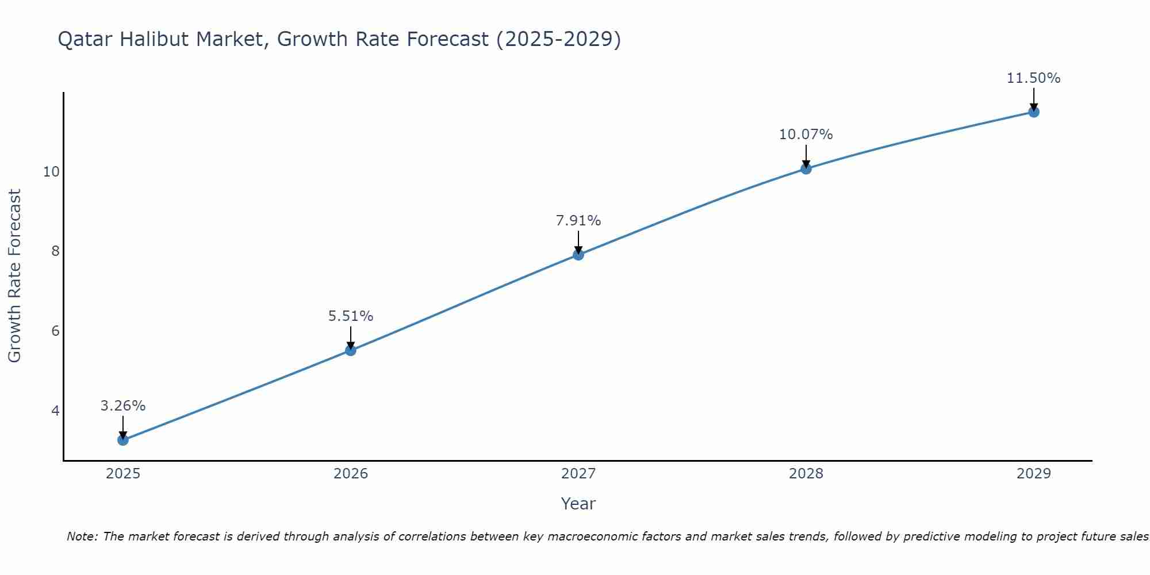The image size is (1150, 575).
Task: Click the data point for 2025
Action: pyautogui.click(x=123, y=440)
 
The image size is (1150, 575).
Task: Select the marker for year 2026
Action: pyautogui.click(x=351, y=350)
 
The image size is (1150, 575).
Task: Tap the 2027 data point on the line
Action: pyautogui.click(x=578, y=255)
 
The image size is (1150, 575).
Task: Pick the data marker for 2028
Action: pyautogui.click(x=806, y=168)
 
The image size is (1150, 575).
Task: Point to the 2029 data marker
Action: pyautogui.click(x=1034, y=112)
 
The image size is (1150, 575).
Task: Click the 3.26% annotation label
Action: pyautogui.click(x=123, y=406)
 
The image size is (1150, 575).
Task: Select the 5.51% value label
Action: pyautogui.click(x=351, y=316)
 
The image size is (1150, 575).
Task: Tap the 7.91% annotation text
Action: pyautogui.click(x=578, y=221)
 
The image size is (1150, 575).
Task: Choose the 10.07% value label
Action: pyautogui.click(x=806, y=135)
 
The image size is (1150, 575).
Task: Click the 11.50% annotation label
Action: pyautogui.click(x=1034, y=78)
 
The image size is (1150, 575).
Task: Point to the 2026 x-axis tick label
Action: pyautogui.click(x=351, y=474)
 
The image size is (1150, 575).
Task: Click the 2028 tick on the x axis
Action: pyautogui.click(x=806, y=474)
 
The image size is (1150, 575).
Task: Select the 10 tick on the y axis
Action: pyautogui.click(x=51, y=171)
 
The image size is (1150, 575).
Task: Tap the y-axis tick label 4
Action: pyautogui.click(x=55, y=411)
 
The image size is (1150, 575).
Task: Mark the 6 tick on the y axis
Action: pyautogui.click(x=55, y=331)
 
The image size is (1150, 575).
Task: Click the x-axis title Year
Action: pyautogui.click(x=578, y=504)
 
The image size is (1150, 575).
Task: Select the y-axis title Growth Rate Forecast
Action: pyautogui.click(x=15, y=276)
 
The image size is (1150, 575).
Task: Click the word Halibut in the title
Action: pyautogui.click(x=228, y=40)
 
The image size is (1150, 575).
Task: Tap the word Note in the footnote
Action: pyautogui.click(x=82, y=536)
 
